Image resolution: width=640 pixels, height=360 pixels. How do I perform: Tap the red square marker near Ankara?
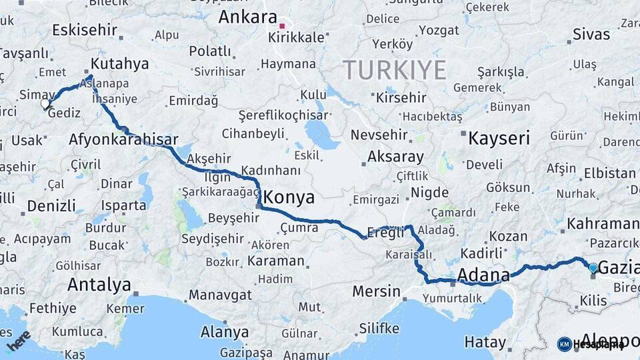pos(282,27)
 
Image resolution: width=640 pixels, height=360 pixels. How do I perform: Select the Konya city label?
pos(289,198)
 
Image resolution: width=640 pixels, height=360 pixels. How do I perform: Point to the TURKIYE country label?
pos(394,70)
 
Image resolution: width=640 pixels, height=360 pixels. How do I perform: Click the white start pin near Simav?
pos(45,103)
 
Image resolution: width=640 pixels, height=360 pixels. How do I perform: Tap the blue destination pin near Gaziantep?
pos(593,268)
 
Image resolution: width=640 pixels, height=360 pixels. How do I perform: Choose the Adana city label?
pos(483,274)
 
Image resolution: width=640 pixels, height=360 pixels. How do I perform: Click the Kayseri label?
pos(499,139)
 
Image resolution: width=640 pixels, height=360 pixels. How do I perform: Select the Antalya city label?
pos(99,285)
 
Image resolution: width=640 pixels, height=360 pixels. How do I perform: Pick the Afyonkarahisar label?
pos(123,140)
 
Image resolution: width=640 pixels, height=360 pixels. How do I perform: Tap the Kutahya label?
pos(119,64)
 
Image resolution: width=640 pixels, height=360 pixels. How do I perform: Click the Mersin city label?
pos(376,291)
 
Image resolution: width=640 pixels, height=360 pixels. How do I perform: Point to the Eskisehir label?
pos(84,30)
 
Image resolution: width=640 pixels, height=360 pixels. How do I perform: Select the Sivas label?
pos(591,35)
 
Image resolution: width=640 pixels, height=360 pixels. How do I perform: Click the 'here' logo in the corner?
pos(19,341)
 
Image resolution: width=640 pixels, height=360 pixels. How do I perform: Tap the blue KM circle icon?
pos(564,344)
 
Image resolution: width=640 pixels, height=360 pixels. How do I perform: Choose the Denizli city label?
pos(51,205)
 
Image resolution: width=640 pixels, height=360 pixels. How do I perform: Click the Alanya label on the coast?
pos(225,332)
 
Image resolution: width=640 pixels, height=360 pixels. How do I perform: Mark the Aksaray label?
pos(395,157)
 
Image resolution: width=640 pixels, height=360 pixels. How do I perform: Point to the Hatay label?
pos(485,343)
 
